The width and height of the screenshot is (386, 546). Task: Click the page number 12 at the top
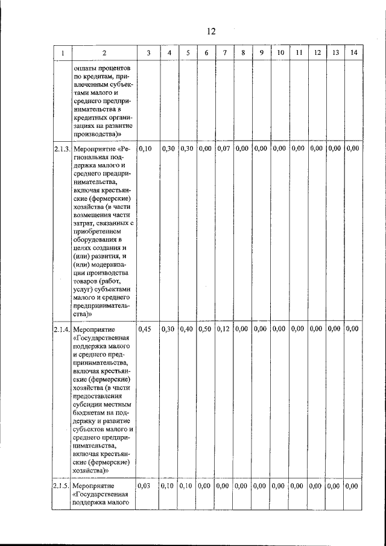pyautogui.click(x=210, y=31)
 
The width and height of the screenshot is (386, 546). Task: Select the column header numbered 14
pyautogui.click(x=353, y=53)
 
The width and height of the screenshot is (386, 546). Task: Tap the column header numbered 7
pyautogui.click(x=224, y=53)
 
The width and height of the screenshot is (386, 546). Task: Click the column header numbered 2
pyautogui.click(x=104, y=53)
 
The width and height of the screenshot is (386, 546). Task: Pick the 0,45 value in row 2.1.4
pyautogui.click(x=145, y=329)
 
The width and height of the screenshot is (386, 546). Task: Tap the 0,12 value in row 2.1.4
pyautogui.click(x=224, y=329)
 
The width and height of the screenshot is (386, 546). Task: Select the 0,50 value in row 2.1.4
pyautogui.click(x=206, y=329)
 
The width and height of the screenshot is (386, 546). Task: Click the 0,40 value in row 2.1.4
pyautogui.click(x=187, y=329)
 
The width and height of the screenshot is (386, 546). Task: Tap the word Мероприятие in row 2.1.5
pyautogui.click(x=92, y=485)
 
